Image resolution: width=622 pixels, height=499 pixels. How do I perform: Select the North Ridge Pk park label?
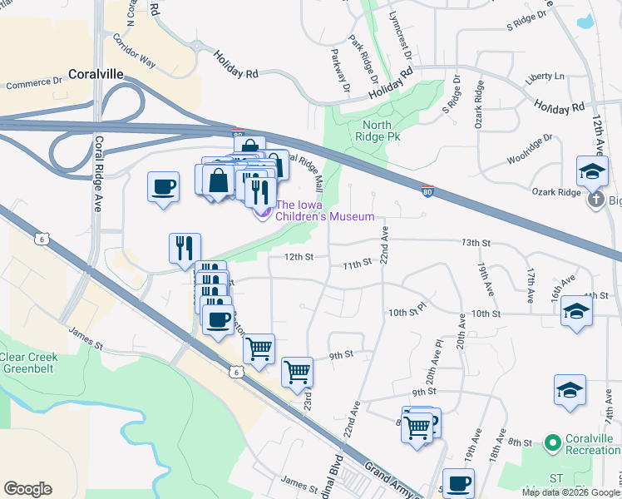377,131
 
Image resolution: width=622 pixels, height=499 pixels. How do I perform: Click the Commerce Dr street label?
34,84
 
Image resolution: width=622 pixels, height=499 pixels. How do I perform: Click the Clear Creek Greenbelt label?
29,362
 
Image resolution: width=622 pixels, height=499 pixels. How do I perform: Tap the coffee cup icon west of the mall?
163,185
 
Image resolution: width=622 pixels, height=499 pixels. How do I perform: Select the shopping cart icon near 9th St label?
297,370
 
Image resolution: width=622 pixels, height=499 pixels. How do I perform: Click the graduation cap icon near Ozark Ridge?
592,171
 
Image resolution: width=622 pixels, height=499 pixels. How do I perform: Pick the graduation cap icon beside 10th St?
576,312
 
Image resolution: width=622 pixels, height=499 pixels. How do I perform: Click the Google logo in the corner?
27,489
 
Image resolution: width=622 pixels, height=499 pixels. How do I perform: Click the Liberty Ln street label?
545,77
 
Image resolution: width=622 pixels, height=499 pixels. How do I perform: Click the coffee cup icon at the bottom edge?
458,482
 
